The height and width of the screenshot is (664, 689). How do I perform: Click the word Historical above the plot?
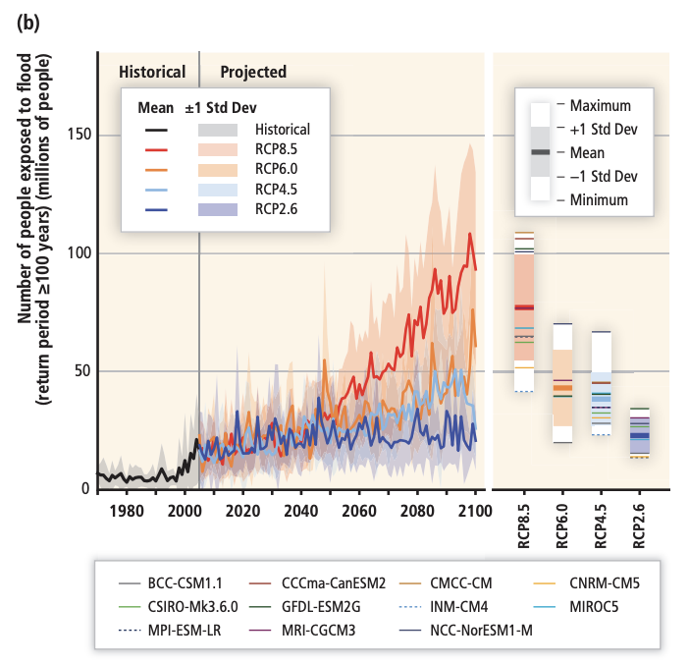click(152, 72)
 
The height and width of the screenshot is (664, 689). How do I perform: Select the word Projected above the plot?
click(253, 72)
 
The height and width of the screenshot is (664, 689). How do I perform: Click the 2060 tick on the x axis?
click(358, 511)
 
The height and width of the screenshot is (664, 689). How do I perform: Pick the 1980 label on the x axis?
click(127, 511)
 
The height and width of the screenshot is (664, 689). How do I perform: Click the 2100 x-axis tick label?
click(475, 511)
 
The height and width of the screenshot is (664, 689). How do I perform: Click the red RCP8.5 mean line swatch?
click(154, 150)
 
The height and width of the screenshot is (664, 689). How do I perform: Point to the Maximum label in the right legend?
click(600, 105)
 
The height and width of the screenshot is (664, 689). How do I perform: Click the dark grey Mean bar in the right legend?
click(540, 152)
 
